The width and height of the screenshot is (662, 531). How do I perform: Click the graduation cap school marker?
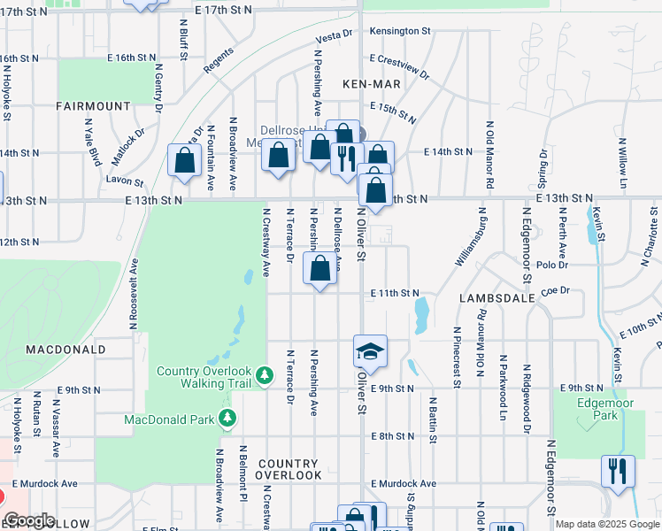(370, 351)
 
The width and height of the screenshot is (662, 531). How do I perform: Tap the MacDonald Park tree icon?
(228, 417)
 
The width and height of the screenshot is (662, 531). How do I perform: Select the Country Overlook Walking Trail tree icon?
(264, 377)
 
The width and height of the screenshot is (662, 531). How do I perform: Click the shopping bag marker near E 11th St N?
(320, 267)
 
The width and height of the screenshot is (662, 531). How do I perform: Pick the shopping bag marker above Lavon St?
(185, 161)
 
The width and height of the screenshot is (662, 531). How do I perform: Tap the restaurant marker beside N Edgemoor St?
(617, 470)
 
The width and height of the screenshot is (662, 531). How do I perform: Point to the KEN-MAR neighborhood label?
(372, 83)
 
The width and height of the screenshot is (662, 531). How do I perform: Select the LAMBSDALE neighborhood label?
(496, 298)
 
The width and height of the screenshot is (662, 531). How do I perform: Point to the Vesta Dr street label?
(335, 36)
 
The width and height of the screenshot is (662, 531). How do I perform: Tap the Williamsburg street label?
(469, 238)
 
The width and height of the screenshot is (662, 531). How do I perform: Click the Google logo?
(29, 521)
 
